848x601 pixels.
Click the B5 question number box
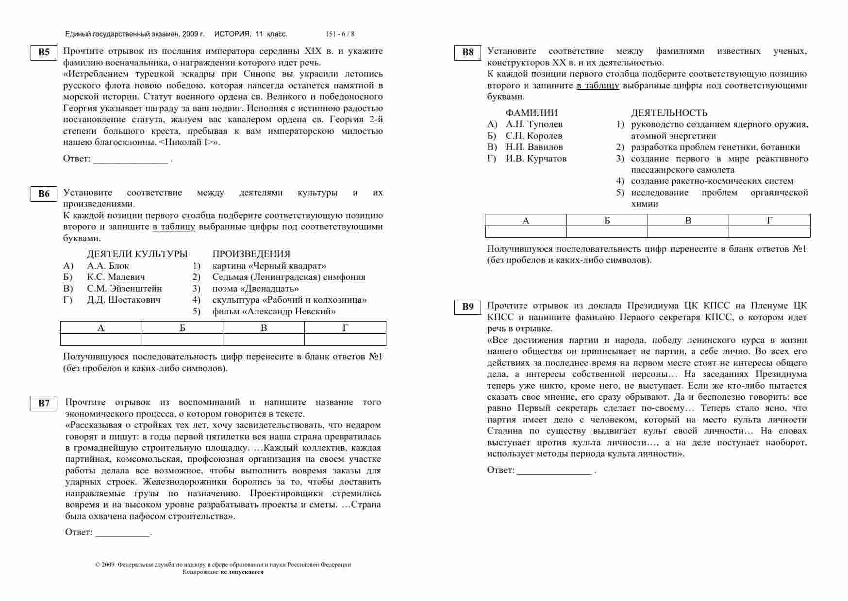tap(44, 52)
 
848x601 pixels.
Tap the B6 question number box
tap(44, 194)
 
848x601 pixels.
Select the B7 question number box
tap(44, 404)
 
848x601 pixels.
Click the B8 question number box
tap(467, 52)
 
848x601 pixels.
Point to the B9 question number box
tap(467, 307)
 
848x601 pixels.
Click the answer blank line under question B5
tap(130, 162)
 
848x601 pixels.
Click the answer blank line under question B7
tap(122, 535)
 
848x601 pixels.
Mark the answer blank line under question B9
tap(554, 473)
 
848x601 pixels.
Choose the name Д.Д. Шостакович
tap(124, 300)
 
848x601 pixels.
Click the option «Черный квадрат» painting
tap(269, 266)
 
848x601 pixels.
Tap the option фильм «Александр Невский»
tap(274, 311)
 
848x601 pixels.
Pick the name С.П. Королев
tap(534, 136)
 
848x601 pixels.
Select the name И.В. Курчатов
tap(536, 159)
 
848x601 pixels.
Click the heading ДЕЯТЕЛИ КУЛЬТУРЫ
tap(137, 254)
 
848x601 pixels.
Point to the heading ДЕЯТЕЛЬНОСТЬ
tap(669, 113)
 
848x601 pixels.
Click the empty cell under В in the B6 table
tap(264, 340)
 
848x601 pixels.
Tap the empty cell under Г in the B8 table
tap(769, 232)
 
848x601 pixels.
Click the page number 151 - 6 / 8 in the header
tap(340, 34)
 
